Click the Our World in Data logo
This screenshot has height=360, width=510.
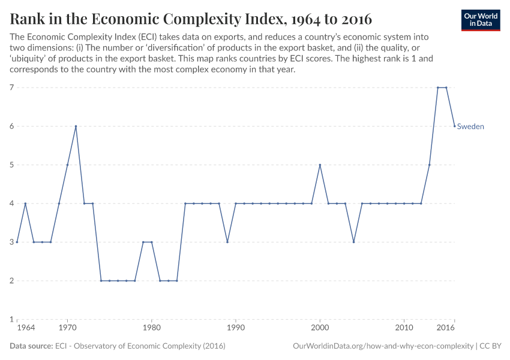point(481,20)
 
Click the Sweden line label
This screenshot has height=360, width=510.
point(470,127)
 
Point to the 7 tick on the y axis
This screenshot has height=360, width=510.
point(12,88)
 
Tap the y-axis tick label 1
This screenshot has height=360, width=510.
point(12,319)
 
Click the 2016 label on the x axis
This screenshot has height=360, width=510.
point(445,329)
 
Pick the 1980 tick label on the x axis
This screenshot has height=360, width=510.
point(151,329)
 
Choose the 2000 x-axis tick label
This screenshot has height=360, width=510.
point(320,329)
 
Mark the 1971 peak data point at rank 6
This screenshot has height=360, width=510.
point(76,126)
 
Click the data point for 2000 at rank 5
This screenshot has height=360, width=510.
point(320,165)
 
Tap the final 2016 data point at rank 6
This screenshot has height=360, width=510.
point(454,126)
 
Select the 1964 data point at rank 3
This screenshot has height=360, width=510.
point(17,242)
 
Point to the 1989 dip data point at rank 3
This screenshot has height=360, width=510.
point(227,242)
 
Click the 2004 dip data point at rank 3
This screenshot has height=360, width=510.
point(353,242)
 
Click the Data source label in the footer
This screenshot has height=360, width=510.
point(31,346)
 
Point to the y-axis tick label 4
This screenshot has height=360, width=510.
point(12,203)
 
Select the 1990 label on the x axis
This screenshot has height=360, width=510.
point(236,329)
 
